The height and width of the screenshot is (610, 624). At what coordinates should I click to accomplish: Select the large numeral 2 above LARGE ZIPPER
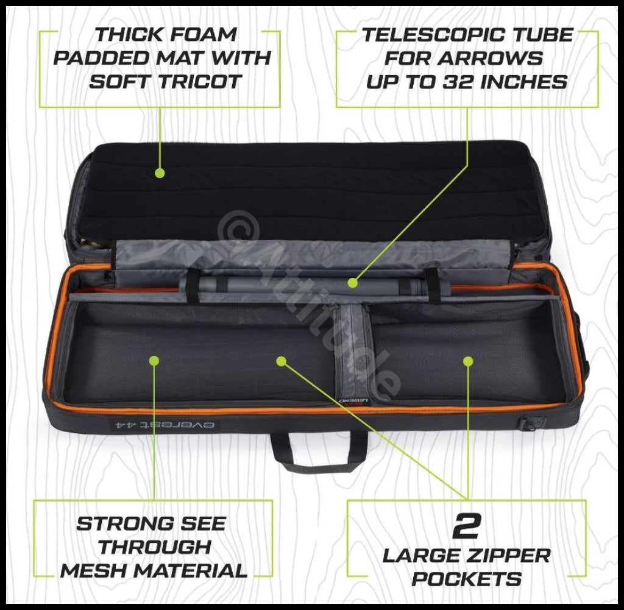pos(467,525)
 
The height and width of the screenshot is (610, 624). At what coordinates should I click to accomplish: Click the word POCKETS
pos(467,579)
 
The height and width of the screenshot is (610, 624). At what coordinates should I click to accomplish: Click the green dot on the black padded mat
pos(160,172)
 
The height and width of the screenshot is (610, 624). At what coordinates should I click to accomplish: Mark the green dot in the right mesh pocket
pos(468,361)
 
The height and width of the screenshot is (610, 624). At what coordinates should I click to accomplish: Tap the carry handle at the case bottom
pos(319,454)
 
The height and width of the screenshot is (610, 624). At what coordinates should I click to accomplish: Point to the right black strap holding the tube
pos(433,285)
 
